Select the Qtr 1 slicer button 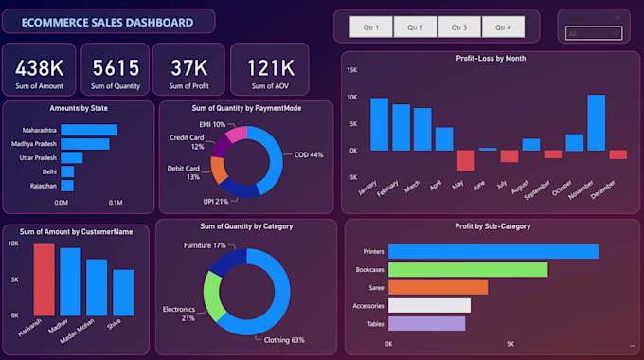[371, 27]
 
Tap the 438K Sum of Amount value [39, 67]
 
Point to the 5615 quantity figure [115, 67]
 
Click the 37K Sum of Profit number [188, 67]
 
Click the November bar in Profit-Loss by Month [596, 122]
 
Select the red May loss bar [465, 160]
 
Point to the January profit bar [379, 123]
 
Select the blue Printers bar [492, 251]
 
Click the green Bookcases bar [468, 269]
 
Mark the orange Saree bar [438, 287]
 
